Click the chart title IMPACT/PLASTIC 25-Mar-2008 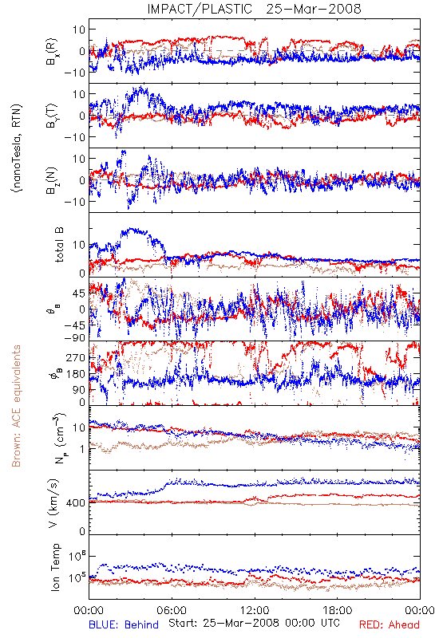254,9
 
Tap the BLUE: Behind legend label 124,624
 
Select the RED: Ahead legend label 390,624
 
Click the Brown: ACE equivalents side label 16,406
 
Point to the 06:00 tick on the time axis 172,610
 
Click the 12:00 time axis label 255,610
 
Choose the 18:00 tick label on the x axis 338,610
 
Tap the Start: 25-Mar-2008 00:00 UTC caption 254,623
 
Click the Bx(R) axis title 52,52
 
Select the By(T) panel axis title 52,116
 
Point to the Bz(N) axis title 52,180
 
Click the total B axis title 58,245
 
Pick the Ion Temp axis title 55,567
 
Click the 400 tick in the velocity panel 76,503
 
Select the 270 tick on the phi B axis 76,357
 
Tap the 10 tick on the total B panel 79,245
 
